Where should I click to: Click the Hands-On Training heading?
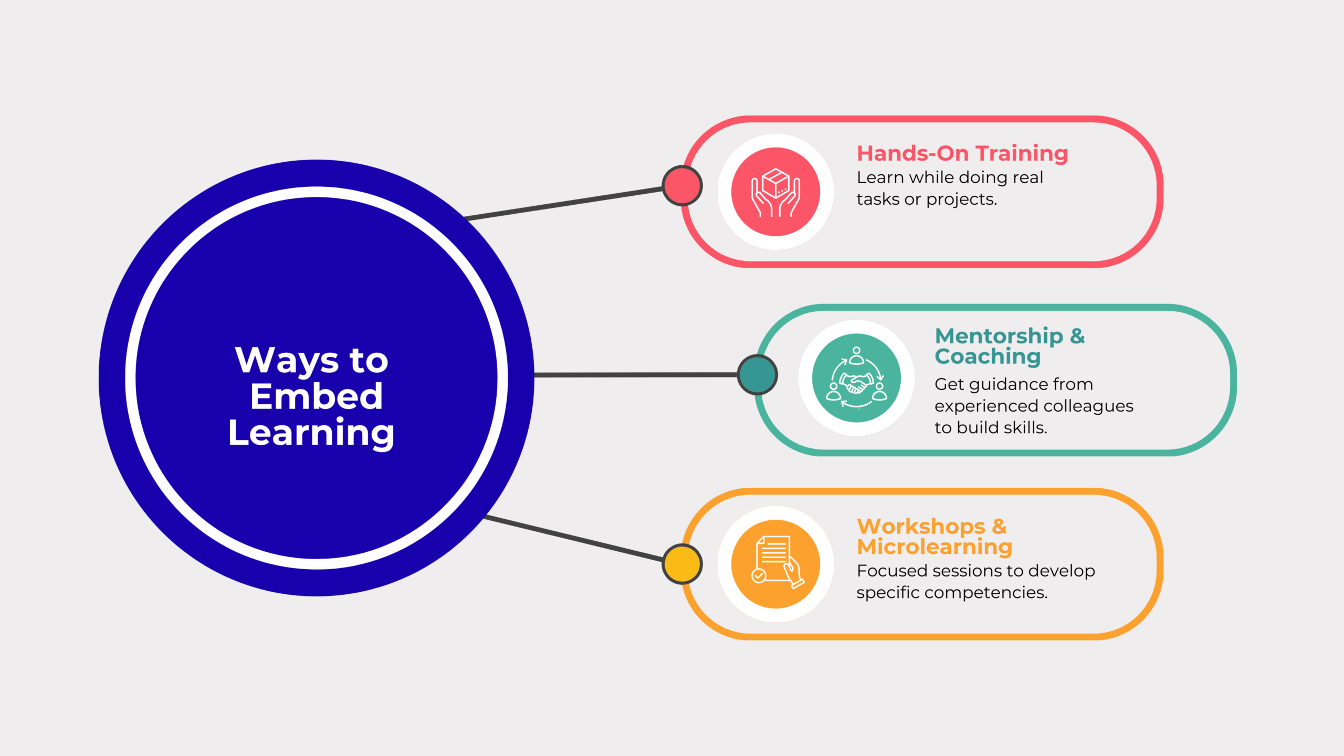coord(962,153)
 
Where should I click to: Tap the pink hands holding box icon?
coord(775,192)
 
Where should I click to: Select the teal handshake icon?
coord(856,378)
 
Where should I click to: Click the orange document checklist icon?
coord(775,564)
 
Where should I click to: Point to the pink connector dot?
coord(682,186)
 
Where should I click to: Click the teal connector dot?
coord(757,375)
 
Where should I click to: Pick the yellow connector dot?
coord(682,564)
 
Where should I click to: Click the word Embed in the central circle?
coord(316,396)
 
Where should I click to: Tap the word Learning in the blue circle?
coord(311,433)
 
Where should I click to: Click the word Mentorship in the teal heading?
coord(999,336)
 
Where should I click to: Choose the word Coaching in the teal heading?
coord(988,357)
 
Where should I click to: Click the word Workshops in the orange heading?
coord(921,526)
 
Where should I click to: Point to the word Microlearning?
coord(934,547)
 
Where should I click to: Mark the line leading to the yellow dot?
coord(572,538)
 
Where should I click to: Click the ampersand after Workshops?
coord(1000,526)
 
